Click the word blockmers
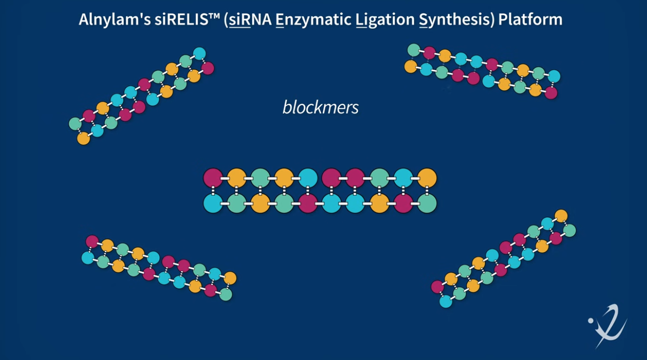(x=320, y=107)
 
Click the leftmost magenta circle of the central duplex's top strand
(x=213, y=177)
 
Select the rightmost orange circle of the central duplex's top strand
(x=427, y=177)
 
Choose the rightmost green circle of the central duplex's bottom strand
(x=427, y=203)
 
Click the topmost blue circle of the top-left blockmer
(x=199, y=53)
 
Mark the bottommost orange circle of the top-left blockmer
(x=84, y=138)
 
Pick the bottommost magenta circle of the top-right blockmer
(x=550, y=93)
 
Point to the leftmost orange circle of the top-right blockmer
(x=410, y=66)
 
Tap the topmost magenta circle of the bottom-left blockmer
(x=92, y=242)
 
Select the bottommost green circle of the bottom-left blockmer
(x=226, y=294)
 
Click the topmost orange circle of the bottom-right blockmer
(x=561, y=216)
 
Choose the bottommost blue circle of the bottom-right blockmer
(x=446, y=301)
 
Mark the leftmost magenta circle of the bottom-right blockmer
(x=437, y=287)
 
